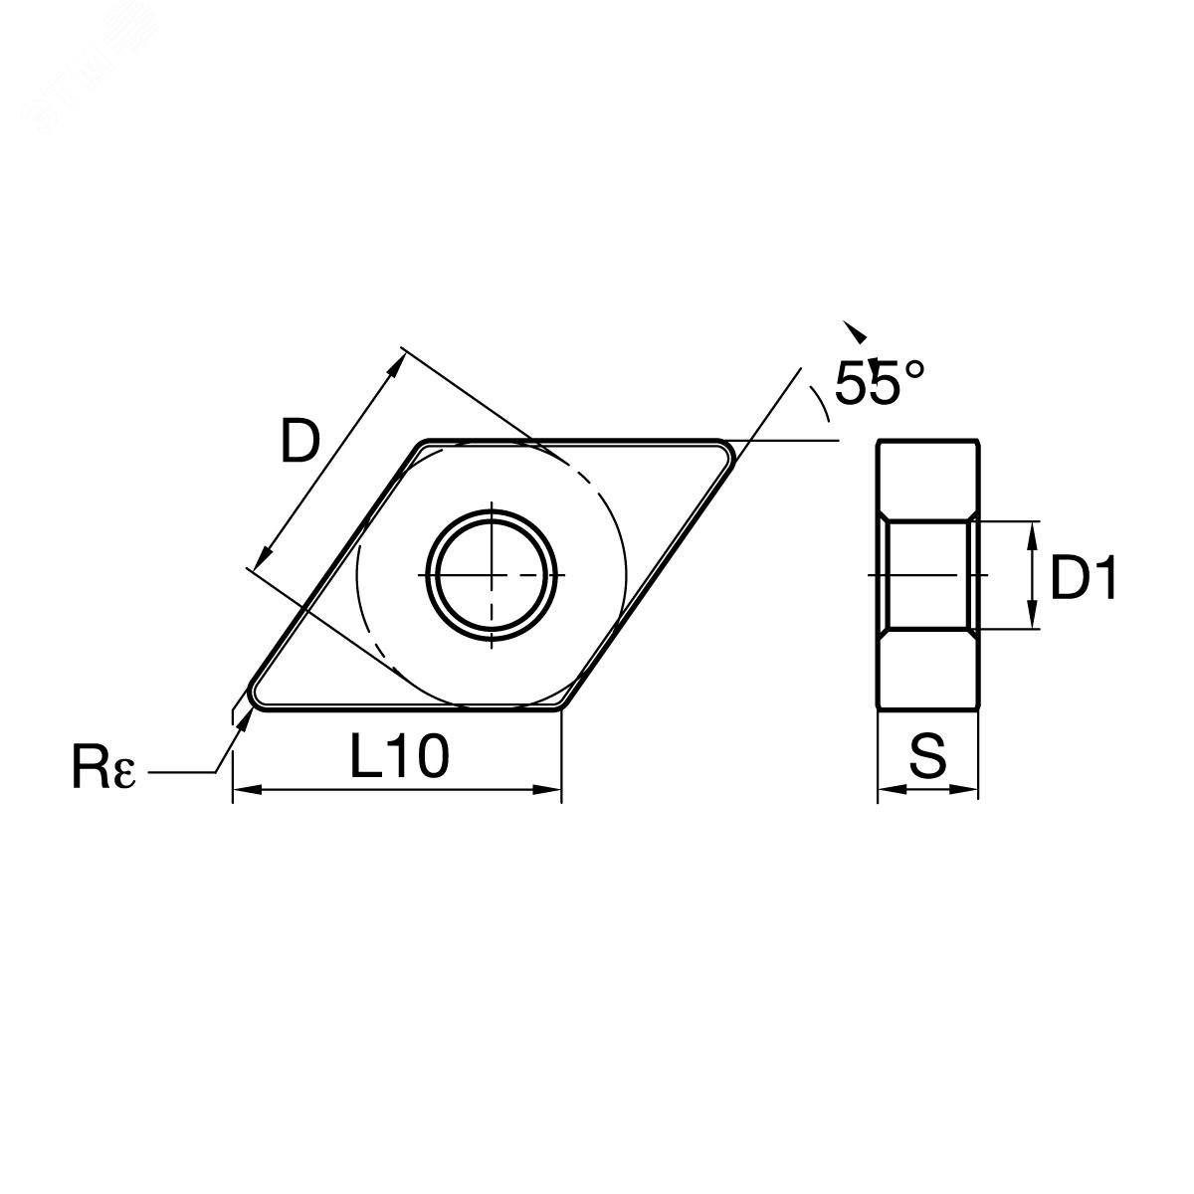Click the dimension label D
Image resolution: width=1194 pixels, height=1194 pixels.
(x=299, y=441)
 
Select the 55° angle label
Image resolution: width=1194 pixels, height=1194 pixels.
(x=880, y=382)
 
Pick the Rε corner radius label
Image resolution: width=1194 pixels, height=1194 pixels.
(x=102, y=768)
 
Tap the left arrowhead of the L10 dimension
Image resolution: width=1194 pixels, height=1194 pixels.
(x=245, y=789)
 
